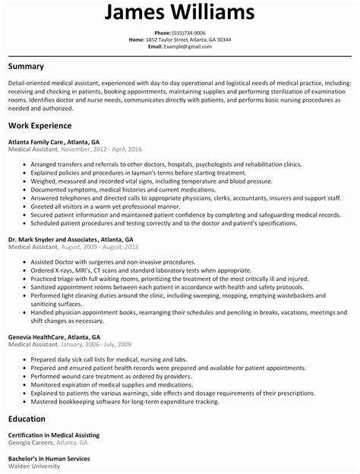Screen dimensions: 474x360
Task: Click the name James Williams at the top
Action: (x=180, y=13)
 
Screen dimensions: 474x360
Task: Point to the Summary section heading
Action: (x=26, y=67)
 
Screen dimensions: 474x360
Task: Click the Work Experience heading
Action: (x=40, y=125)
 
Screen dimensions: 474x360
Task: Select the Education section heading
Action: (x=28, y=419)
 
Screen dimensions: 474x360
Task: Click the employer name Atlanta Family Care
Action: (x=37, y=142)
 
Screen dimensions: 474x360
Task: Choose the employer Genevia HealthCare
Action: (x=37, y=337)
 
